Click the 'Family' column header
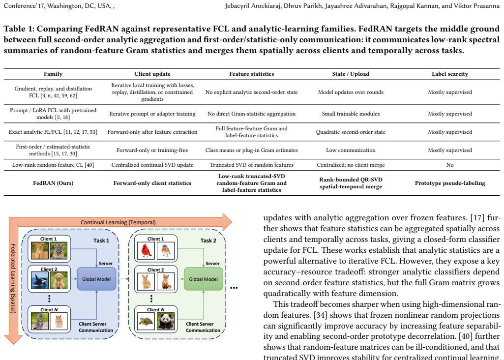53,74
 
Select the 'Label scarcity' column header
450,74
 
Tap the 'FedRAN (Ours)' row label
53,183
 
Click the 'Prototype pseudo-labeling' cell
450,183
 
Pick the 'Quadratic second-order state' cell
351,132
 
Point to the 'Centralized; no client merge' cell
351,165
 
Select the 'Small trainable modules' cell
351,114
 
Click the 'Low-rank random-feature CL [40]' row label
53,165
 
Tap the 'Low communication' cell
351,150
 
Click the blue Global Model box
96,279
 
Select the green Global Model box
203,279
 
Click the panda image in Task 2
166,321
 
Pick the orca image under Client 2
40,281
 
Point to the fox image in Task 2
166,281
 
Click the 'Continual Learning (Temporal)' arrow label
119,222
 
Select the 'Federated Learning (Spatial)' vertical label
13,278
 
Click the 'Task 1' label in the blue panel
101,240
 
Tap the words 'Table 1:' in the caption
19,29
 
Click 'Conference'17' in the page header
24,6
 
